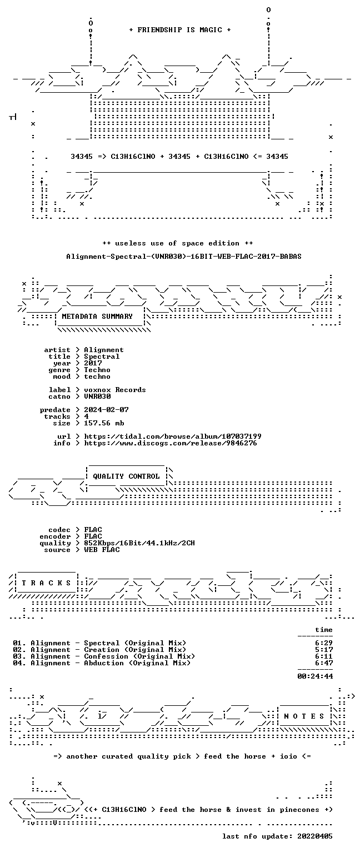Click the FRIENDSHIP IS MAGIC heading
click(x=180, y=29)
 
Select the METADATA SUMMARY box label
click(x=97, y=316)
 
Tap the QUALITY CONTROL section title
click(x=126, y=476)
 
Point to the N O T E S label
click(x=304, y=716)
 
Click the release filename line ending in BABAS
click(x=184, y=256)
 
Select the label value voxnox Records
click(x=115, y=389)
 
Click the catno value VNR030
click(x=98, y=397)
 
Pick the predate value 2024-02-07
click(x=106, y=410)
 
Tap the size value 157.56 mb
click(x=104, y=423)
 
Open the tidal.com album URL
click(x=173, y=436)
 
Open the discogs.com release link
click(x=171, y=443)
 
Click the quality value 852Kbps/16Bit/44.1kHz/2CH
click(x=139, y=543)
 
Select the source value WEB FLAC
click(x=102, y=549)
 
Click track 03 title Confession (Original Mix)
click(x=139, y=656)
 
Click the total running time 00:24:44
click(x=315, y=676)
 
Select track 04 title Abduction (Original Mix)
click(x=137, y=663)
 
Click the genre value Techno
click(x=98, y=370)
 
